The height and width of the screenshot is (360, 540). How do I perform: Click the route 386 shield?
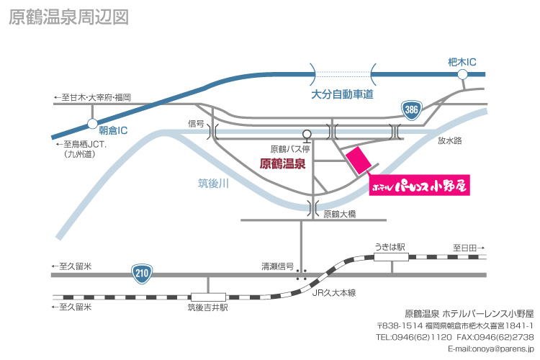click(x=412, y=110)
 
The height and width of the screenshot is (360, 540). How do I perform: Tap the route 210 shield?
click(x=142, y=274)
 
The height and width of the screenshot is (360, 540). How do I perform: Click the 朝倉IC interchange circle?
click(x=92, y=124)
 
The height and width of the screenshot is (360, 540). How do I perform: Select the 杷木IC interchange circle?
click(x=462, y=74)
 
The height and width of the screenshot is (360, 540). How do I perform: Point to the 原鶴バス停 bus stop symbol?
click(x=307, y=136)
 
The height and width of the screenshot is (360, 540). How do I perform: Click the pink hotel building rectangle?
click(x=359, y=160)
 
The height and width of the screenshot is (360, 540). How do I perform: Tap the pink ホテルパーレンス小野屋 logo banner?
click(x=420, y=185)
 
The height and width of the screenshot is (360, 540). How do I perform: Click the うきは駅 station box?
click(x=391, y=257)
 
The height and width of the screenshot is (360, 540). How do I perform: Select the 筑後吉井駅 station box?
click(x=208, y=297)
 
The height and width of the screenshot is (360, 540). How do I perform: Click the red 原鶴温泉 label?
click(x=282, y=163)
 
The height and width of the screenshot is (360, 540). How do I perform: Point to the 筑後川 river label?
click(x=214, y=184)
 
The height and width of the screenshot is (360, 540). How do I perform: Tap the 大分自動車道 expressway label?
click(x=342, y=94)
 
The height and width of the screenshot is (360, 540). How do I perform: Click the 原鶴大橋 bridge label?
click(x=340, y=214)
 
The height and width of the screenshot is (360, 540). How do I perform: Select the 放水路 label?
click(x=450, y=140)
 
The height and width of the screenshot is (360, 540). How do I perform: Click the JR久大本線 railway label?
click(x=333, y=293)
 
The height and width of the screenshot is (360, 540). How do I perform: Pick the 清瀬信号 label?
click(x=278, y=266)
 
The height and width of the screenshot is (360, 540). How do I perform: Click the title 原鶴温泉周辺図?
click(x=69, y=17)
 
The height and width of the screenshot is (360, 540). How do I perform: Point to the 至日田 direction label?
click(x=469, y=248)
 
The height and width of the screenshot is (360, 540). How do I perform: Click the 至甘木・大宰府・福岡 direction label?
click(x=92, y=97)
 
